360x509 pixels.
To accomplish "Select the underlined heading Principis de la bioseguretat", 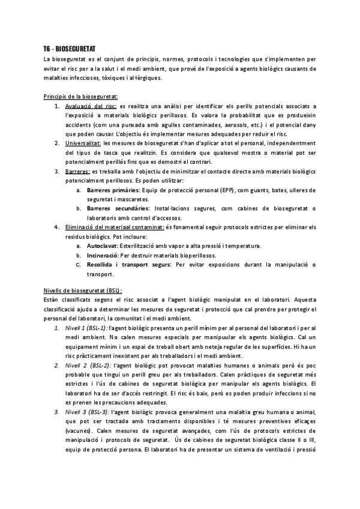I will (81, 96).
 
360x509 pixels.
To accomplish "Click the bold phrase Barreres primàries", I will (112, 190).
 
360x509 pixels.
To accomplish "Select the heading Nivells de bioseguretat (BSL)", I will (83, 289).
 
